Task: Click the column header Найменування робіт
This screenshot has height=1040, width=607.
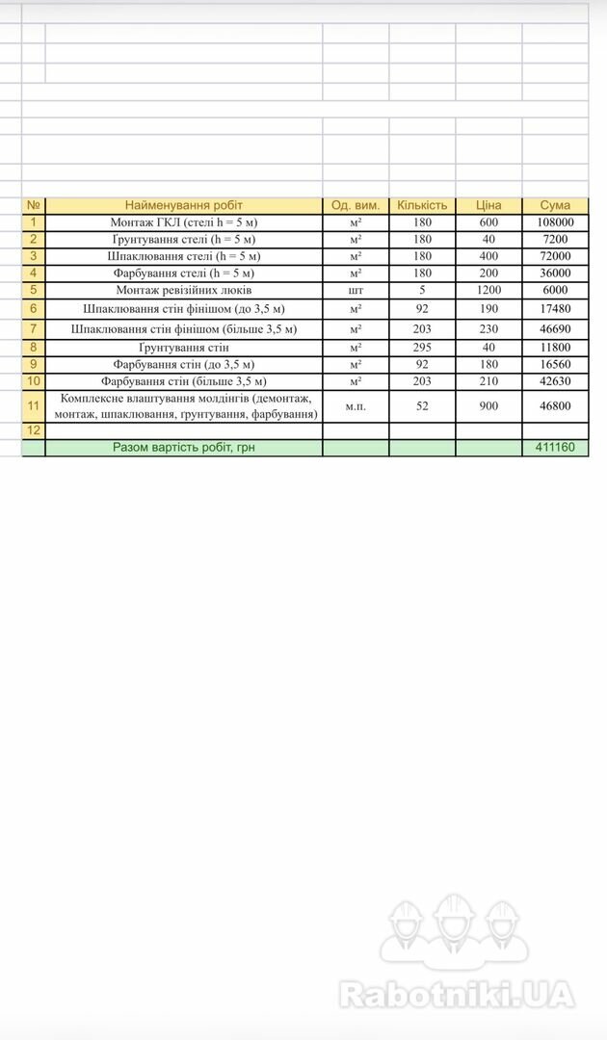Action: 183,205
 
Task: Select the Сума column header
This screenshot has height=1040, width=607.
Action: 555,205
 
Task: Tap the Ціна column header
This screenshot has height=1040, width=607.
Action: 488,205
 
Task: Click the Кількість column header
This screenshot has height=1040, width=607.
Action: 422,205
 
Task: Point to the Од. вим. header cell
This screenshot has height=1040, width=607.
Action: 356,205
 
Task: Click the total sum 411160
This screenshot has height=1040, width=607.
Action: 555,448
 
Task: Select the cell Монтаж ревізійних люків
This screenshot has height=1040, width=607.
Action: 183,289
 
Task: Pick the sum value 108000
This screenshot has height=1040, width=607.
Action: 555,222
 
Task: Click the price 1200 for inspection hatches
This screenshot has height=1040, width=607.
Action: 488,289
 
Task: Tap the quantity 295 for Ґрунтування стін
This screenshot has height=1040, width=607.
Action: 422,347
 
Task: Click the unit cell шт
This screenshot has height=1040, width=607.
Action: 356,289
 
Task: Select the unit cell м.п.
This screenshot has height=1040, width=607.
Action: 356,406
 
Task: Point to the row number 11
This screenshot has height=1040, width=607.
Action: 33,406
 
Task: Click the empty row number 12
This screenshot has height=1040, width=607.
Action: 33,430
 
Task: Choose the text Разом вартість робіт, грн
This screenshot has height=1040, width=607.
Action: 183,448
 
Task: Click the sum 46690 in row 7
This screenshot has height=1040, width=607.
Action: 555,328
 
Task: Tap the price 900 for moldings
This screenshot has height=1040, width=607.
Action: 488,406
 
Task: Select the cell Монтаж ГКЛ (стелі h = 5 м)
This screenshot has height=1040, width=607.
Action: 183,222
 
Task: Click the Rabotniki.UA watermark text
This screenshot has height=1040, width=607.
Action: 457,994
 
